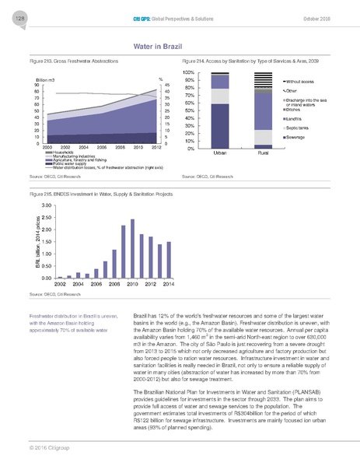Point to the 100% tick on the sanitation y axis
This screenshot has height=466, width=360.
pyautogui.click(x=188, y=72)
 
